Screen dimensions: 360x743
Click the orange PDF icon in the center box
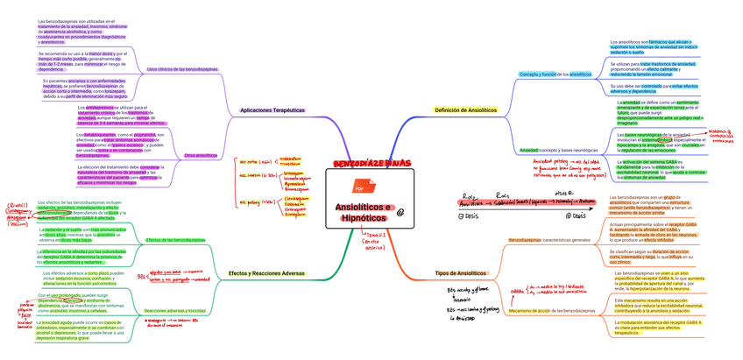(x=359, y=187)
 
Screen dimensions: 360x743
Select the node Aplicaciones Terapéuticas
(x=272, y=110)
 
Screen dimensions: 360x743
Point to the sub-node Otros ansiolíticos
(x=202, y=155)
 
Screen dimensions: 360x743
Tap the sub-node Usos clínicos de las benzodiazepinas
(x=182, y=68)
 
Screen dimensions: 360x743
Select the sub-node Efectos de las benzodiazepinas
(x=176, y=239)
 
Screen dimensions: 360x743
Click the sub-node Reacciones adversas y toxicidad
(x=174, y=311)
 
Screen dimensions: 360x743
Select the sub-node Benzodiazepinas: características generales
(x=550, y=239)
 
